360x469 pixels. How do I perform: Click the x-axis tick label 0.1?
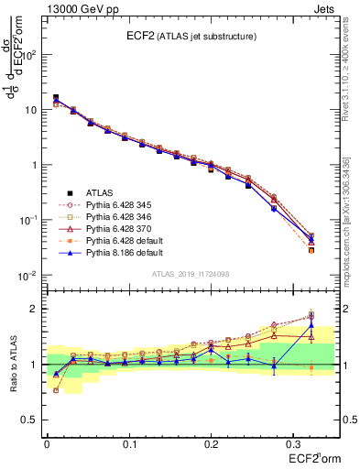tap(128, 443)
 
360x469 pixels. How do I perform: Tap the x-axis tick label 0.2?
tap(211, 443)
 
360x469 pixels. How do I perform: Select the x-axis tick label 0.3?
tap(292, 443)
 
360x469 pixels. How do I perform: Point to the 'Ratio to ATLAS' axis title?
tap(13, 365)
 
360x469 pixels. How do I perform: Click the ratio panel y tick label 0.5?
tap(31, 420)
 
